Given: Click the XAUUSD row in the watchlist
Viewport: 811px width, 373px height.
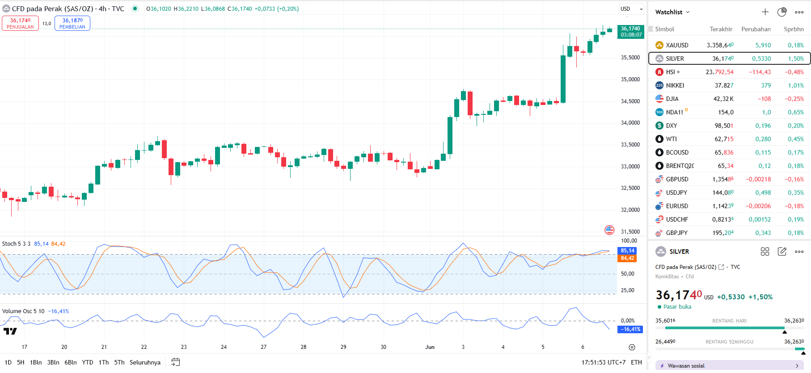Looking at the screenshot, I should tap(677, 45).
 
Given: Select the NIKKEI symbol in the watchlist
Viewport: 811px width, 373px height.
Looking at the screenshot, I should tap(675, 85).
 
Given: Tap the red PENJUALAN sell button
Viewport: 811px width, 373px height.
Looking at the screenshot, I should tap(20, 23).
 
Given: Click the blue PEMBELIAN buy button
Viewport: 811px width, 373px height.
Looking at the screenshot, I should tap(72, 23).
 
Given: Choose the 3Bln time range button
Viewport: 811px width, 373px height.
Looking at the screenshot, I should tap(53, 362).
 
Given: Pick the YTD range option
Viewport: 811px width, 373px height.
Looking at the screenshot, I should tap(88, 362).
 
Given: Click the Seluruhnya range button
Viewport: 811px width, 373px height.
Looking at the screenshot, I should tap(145, 362).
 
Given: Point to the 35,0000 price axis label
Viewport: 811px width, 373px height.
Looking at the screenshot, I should tap(630, 80).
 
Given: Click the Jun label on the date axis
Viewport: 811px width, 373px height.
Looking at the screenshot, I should tap(430, 347).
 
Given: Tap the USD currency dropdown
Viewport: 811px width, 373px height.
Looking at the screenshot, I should tap(631, 9).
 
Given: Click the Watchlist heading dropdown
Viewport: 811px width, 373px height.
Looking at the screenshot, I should tap(672, 12).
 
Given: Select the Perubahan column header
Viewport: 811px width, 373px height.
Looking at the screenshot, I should tap(756, 29).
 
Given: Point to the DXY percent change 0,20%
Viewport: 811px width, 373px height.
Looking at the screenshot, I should tap(795, 126).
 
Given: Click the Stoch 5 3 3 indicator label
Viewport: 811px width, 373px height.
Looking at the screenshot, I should tap(16, 244).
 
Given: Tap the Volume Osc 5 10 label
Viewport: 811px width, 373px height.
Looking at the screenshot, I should tap(23, 311).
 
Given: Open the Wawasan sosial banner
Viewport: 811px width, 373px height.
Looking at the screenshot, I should tap(729, 365).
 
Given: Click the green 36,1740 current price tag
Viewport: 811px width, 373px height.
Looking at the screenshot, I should tap(630, 31).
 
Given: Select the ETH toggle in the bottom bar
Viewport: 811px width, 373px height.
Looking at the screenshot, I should tap(636, 362).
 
